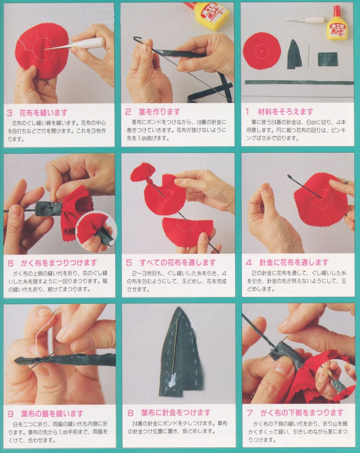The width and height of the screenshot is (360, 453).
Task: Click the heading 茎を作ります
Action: [159, 112]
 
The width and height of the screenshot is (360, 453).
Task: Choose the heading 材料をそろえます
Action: [286, 112]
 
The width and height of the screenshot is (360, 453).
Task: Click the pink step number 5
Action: [129, 263]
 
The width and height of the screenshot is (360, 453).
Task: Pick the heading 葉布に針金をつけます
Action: [176, 413]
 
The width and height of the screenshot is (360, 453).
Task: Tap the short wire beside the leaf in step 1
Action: [309, 55]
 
